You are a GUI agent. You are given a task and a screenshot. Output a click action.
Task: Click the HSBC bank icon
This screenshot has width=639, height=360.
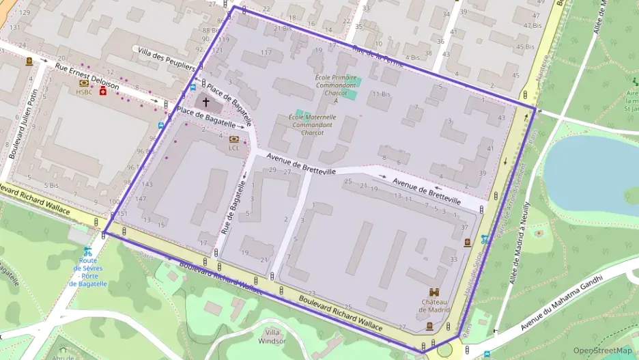[84, 83]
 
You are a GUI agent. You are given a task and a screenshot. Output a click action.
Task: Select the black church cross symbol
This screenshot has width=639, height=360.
[205, 102]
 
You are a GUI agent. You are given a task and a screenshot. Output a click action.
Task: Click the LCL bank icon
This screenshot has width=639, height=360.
[234, 139]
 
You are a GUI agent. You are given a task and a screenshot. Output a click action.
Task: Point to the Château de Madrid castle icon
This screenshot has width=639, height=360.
[434, 292]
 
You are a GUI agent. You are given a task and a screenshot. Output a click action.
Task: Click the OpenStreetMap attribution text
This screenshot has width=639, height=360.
[602, 350]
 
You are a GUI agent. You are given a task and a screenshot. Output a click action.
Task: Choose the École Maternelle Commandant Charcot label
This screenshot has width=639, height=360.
[312, 124]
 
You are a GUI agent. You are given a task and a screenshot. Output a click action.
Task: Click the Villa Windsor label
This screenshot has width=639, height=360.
[273, 335]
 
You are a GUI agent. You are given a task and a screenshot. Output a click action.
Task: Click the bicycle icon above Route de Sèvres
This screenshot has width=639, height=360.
[87, 251]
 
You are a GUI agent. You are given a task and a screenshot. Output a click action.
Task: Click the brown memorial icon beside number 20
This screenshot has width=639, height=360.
[29, 61]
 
